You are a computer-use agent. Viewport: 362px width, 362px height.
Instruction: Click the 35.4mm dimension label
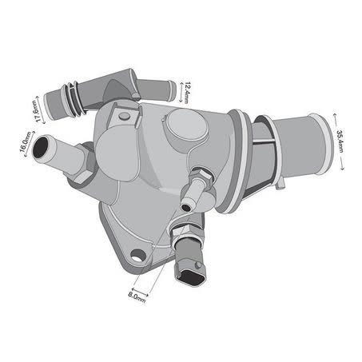coord(340,141)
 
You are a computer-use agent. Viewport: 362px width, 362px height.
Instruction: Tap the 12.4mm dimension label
coord(187,93)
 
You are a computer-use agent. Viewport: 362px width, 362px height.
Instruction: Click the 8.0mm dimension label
coord(137,297)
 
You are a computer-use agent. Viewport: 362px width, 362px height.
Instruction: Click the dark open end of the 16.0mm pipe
coord(41,147)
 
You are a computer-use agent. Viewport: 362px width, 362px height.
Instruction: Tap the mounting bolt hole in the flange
coord(138,256)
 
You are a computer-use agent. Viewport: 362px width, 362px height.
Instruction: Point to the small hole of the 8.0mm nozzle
coord(186,207)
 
